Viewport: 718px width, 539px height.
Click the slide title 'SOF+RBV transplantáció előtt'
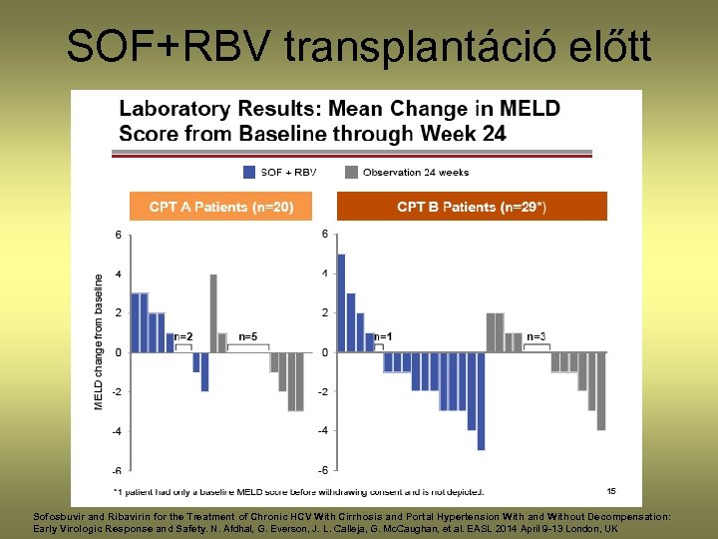pyautogui.click(x=359, y=45)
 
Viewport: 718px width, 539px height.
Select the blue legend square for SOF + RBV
pyautogui.click(x=248, y=172)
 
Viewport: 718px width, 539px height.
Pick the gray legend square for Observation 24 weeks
pyautogui.click(x=351, y=172)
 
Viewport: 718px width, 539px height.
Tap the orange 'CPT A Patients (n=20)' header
pyautogui.click(x=220, y=207)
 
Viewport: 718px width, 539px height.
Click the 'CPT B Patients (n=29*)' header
pyautogui.click(x=472, y=207)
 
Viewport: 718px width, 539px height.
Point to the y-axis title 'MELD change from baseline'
pyautogui.click(x=99, y=341)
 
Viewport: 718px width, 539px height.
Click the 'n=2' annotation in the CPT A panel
pyautogui.click(x=183, y=337)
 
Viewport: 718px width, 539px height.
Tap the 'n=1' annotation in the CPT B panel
pyautogui.click(x=383, y=337)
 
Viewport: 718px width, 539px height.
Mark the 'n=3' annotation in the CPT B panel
pyautogui.click(x=536, y=337)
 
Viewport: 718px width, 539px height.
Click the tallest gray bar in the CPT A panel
pyautogui.click(x=213, y=312)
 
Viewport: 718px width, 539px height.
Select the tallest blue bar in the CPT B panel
pyautogui.click(x=341, y=302)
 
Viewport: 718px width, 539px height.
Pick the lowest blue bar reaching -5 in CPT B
pyautogui.click(x=481, y=401)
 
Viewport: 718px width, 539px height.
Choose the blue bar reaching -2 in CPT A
pyautogui.click(x=204, y=371)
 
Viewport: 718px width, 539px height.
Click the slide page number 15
pyautogui.click(x=611, y=490)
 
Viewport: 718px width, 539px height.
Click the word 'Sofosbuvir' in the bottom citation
pyautogui.click(x=62, y=515)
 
